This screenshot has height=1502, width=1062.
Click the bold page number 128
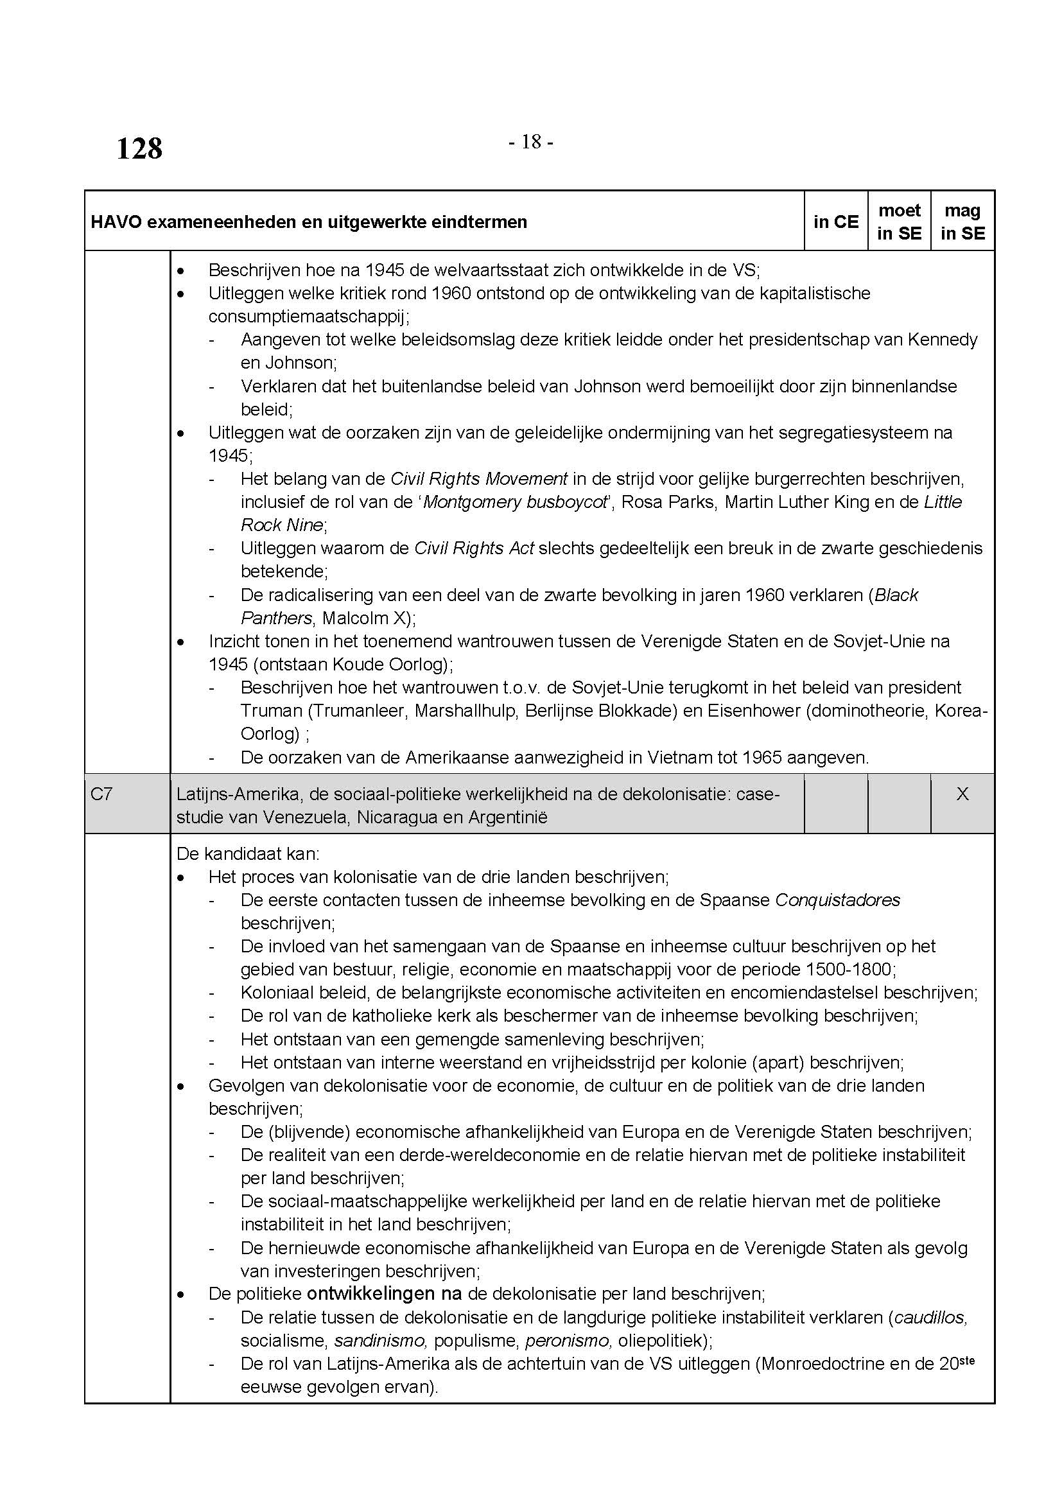tap(139, 148)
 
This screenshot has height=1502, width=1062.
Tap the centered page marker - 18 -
tap(531, 142)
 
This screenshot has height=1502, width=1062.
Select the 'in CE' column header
tap(836, 222)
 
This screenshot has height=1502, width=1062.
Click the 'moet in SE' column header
tap(899, 222)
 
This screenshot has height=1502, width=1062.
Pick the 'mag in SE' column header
tap(962, 222)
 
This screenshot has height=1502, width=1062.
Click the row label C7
tap(101, 794)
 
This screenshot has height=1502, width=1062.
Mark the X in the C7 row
tap(962, 794)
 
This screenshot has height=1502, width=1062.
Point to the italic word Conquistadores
tap(838, 900)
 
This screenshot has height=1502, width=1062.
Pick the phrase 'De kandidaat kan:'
tap(248, 853)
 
